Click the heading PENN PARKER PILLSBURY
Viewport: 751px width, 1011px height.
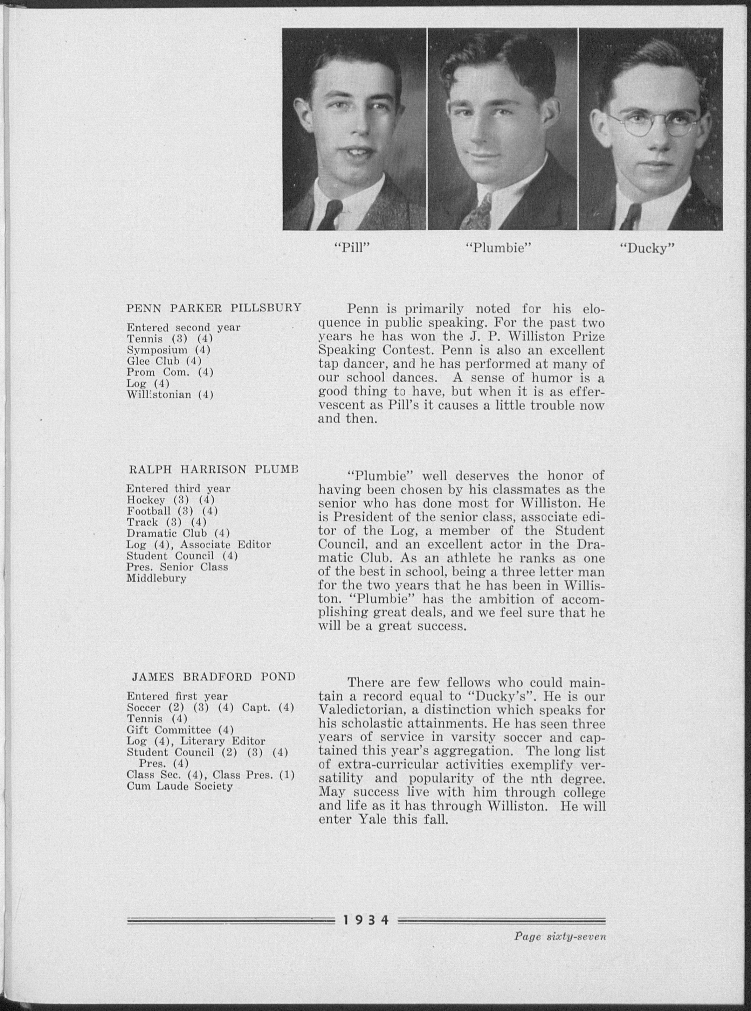(x=213, y=308)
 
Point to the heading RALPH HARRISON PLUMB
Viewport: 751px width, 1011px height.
(x=213, y=469)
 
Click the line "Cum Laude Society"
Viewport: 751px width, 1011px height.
(x=180, y=786)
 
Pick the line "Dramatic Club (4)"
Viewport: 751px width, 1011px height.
(x=178, y=533)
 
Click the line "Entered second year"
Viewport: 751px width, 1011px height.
(x=183, y=327)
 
